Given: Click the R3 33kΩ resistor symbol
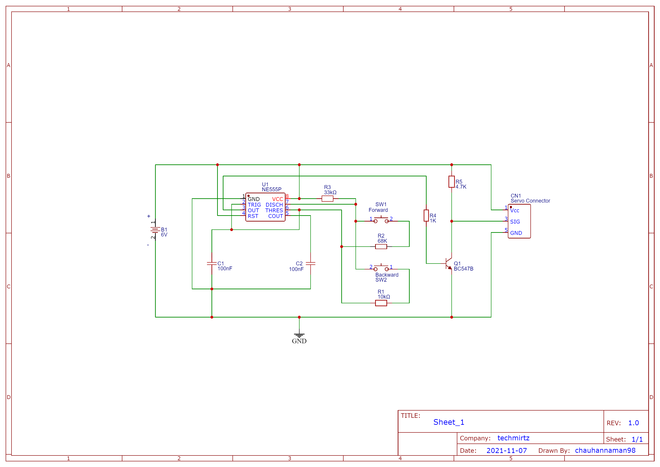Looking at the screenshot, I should pos(328,199).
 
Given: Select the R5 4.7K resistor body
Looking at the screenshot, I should pos(452,182).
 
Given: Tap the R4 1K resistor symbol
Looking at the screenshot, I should pos(426,216).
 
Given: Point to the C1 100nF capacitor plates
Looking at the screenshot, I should pos(212,263).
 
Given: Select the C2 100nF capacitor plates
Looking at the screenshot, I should pos(310,263).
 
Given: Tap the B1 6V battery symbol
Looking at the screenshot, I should pos(155,230).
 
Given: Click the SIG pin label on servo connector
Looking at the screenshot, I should pos(515,222).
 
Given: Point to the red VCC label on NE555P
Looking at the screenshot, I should pos(277,199).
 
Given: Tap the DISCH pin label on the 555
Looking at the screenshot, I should pos(274,205).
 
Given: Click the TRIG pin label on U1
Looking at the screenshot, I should pos(254,205).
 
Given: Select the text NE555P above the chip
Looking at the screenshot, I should pos(271,189).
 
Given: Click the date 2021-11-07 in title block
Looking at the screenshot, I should pos(507,451).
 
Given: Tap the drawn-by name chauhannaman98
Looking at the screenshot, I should pos(605,450).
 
